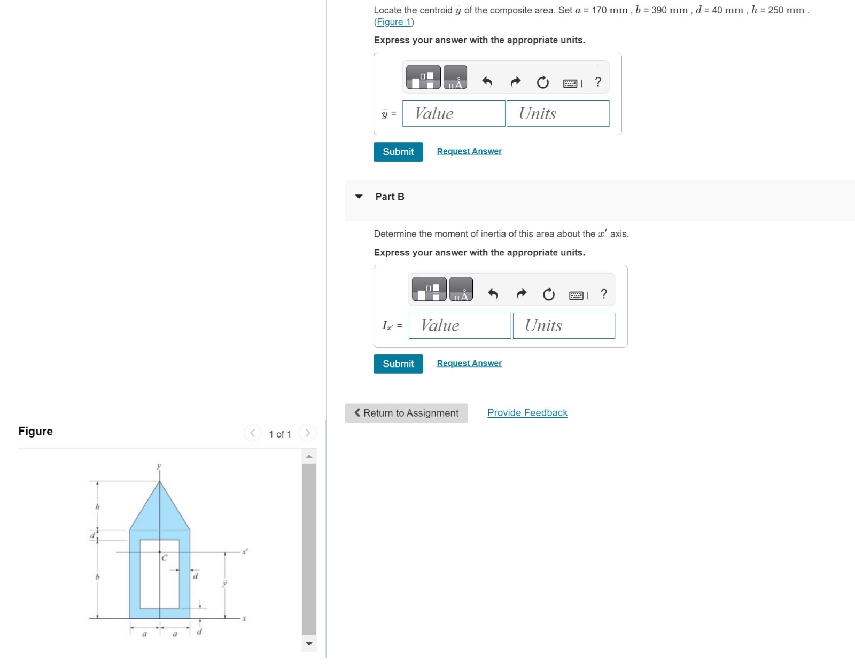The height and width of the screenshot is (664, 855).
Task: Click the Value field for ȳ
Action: pyautogui.click(x=453, y=114)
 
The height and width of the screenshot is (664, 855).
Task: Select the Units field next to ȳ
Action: pyautogui.click(x=557, y=114)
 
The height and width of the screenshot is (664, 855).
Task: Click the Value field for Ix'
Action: pyautogui.click(x=460, y=326)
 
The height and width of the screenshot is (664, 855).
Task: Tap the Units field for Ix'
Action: pyautogui.click(x=564, y=326)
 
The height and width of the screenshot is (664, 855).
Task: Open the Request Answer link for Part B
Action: pyautogui.click(x=469, y=363)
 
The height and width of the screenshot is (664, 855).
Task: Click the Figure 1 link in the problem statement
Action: pyautogui.click(x=394, y=22)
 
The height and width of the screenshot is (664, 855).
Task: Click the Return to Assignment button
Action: pyautogui.click(x=406, y=413)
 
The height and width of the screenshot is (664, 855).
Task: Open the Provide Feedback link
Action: pyautogui.click(x=527, y=413)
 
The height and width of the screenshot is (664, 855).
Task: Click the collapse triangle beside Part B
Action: pyautogui.click(x=359, y=197)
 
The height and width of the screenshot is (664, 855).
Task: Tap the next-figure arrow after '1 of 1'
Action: pyautogui.click(x=308, y=433)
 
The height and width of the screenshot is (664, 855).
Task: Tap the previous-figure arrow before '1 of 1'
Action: pyautogui.click(x=252, y=433)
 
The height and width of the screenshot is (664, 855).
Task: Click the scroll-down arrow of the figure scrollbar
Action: pyautogui.click(x=309, y=643)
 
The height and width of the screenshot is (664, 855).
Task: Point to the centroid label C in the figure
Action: pyautogui.click(x=165, y=558)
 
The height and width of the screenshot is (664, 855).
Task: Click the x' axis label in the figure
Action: pyautogui.click(x=245, y=551)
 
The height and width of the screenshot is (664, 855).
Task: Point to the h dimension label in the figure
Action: pyautogui.click(x=97, y=506)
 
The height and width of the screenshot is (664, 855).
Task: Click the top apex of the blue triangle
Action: pyautogui.click(x=159, y=482)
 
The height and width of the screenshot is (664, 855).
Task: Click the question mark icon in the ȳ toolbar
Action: pyautogui.click(x=598, y=82)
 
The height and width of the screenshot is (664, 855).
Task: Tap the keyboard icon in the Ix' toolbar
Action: pyautogui.click(x=577, y=295)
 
